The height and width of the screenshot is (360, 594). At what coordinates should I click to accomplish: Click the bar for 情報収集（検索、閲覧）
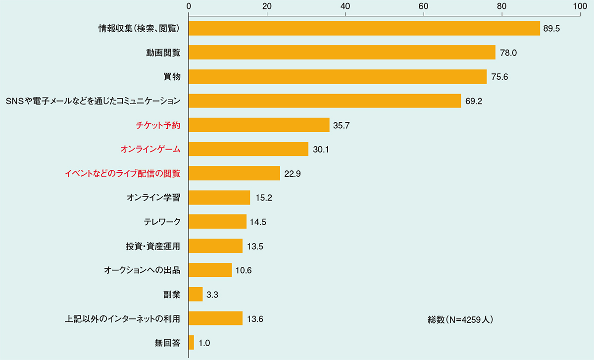pos(364,28)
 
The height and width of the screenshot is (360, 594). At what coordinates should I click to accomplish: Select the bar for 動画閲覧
pos(342,52)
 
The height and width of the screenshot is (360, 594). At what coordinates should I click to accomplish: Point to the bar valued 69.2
pos(325,101)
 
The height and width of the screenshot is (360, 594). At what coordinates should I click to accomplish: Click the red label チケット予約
pos(158,125)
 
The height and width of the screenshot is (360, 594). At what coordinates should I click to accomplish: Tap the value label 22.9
pos(292,173)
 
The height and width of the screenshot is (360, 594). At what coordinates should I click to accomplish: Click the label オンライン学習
pos(153,198)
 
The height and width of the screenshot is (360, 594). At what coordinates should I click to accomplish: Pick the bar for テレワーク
pos(217,222)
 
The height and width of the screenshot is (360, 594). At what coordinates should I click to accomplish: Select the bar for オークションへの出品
pos(210,270)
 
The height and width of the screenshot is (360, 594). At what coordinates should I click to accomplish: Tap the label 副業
pos(171,295)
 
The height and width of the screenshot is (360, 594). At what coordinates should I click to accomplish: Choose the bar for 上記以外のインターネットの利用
pos(215,318)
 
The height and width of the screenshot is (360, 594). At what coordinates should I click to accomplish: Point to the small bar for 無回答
pos(191,343)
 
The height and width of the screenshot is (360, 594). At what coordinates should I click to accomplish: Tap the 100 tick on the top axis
pos(579,6)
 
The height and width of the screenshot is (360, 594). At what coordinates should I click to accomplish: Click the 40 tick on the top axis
pos(345,6)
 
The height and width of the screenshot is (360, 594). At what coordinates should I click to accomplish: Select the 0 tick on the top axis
pos(189,6)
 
